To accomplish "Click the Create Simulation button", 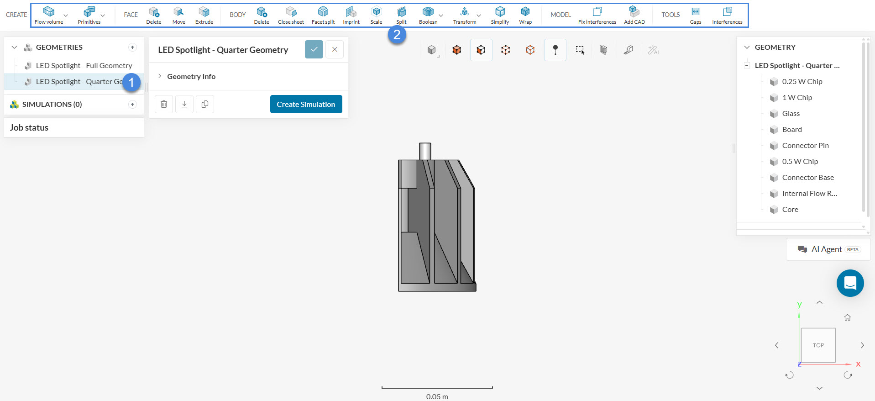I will click(x=306, y=104).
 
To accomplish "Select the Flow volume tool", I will click(x=49, y=15).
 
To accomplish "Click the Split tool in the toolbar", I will click(x=401, y=15).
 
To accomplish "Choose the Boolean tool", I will click(x=428, y=15).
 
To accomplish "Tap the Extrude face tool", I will click(x=204, y=15).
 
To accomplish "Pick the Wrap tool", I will click(x=525, y=15).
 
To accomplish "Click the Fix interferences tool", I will click(x=597, y=15).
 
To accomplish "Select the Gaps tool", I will click(x=696, y=15).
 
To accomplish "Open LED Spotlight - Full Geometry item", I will click(x=84, y=66).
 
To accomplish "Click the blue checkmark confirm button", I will click(x=314, y=49).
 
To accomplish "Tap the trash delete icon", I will click(x=164, y=104).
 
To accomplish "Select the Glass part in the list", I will click(x=791, y=114).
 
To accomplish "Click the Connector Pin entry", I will click(x=805, y=146).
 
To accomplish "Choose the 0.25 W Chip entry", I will click(x=802, y=82).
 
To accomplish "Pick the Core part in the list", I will click(x=790, y=210).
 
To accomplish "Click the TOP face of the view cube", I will click(x=818, y=345).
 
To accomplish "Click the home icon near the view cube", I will click(x=848, y=317).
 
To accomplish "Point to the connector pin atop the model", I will click(x=425, y=151).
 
